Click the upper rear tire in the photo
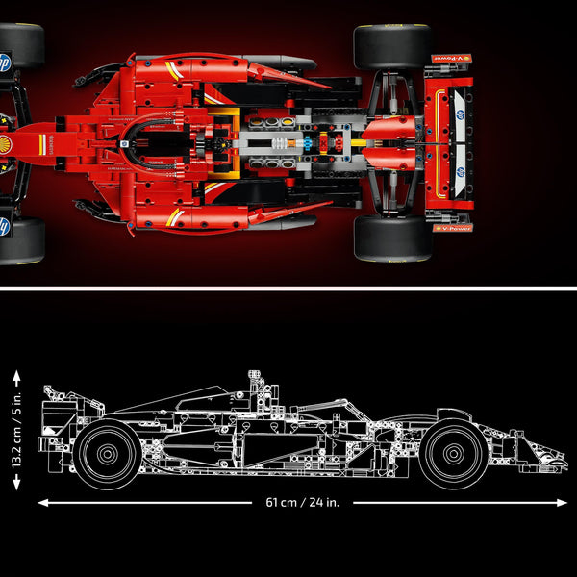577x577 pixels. coord(391,46)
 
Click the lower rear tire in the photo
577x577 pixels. coord(391,238)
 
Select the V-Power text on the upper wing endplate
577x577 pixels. coord(452,60)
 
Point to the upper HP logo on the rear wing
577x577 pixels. coord(461,113)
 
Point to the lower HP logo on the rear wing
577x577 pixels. coord(461,173)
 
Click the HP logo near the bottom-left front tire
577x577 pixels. coord(5,226)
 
